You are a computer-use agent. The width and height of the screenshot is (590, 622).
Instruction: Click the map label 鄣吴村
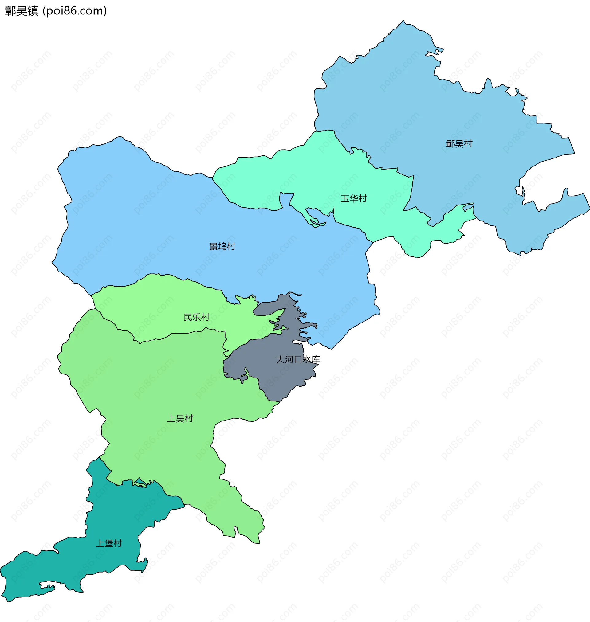tap(459, 144)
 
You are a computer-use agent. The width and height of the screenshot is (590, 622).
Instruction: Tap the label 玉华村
tap(354, 199)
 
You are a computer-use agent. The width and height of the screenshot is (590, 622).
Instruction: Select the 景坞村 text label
tap(222, 246)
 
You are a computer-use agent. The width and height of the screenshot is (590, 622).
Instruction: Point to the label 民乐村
tap(197, 317)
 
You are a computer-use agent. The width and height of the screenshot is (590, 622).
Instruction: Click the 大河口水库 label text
tap(297, 359)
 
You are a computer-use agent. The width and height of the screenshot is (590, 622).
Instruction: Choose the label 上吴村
tap(180, 418)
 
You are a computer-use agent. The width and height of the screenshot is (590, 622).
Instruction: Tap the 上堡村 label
tap(109, 543)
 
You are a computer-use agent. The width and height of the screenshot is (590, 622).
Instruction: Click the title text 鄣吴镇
tap(22, 11)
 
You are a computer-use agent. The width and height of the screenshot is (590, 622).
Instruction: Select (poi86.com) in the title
tap(75, 11)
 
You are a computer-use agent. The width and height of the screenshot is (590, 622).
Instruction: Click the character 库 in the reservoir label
tap(316, 359)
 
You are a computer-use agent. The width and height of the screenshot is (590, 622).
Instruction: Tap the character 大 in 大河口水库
tap(280, 359)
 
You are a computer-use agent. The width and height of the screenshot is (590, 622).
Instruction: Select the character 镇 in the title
tap(33, 11)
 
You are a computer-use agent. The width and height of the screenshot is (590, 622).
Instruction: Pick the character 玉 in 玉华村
tap(345, 199)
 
